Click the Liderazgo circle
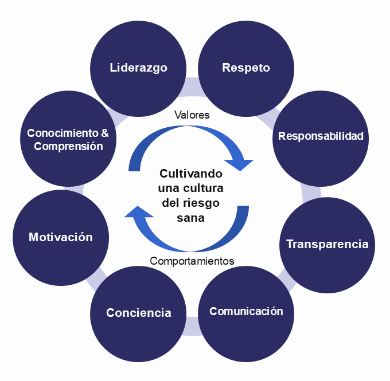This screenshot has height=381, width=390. coord(138,68)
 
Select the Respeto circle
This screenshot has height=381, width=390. coord(245,68)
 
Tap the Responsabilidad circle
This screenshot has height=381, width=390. coord(321,136)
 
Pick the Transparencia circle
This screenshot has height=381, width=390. coord(327,244)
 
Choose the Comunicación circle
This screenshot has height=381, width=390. coord(246,312)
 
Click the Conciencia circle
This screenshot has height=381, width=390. coord(138,313)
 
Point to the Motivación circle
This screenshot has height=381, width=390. coord(61,237)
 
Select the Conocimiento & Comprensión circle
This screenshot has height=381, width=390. coord(68,139)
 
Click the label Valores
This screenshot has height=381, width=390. coord(192,115)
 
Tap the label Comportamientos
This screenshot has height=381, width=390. coord(192,261)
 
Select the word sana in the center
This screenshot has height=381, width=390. coord(191,218)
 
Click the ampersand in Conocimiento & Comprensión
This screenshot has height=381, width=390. coord(104,133)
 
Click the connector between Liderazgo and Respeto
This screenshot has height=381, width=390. coord(192,83)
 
